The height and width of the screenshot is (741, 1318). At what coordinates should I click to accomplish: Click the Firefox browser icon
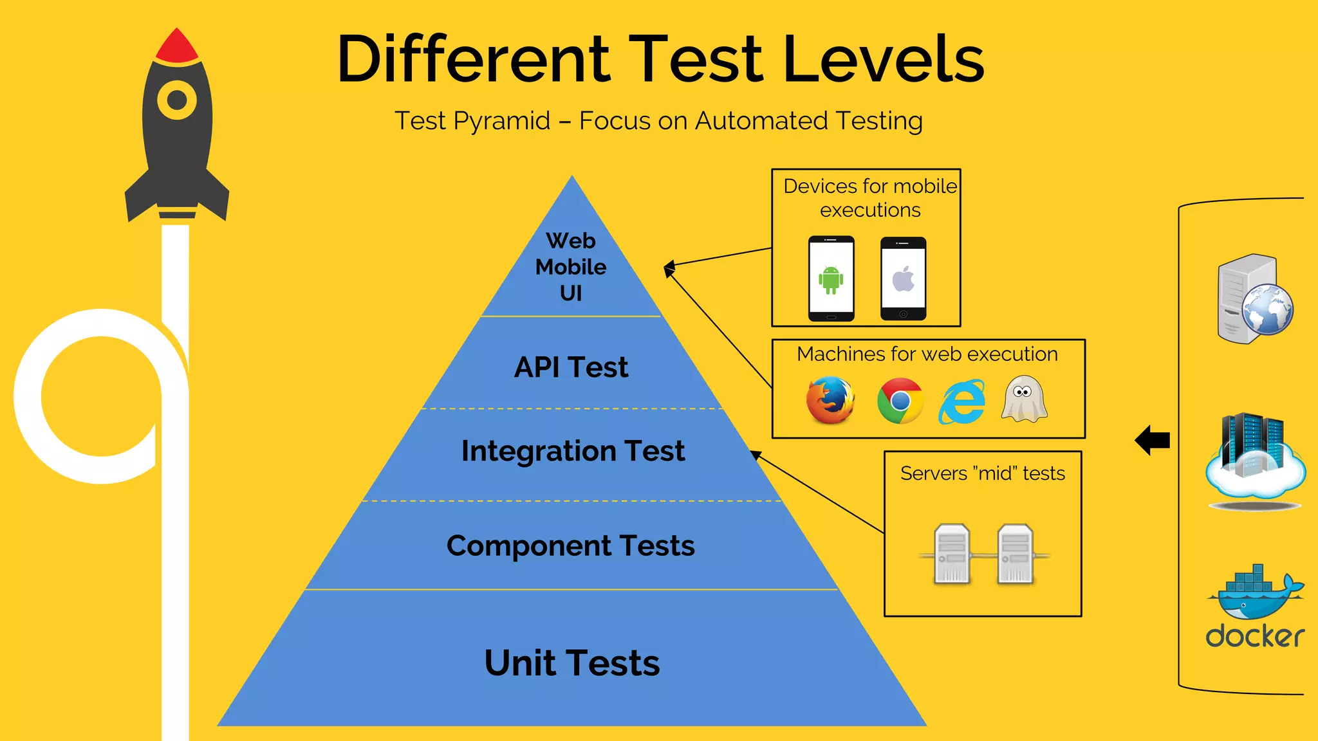[830, 400]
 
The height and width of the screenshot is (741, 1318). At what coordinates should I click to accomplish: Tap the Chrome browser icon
[900, 401]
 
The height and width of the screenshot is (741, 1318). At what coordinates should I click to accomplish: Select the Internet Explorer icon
[961, 402]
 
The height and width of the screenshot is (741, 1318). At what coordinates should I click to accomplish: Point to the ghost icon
[1024, 399]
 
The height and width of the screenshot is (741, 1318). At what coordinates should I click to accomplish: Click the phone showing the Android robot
[831, 279]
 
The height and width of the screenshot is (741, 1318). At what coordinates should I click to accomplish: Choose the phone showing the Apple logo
[903, 279]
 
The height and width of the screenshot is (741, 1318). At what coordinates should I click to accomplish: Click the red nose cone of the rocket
[177, 46]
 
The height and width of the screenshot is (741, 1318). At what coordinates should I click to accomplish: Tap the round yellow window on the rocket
[177, 100]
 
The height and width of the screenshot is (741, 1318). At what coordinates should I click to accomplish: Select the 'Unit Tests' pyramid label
[572, 663]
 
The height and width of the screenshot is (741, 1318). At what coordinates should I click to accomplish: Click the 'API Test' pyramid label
[571, 367]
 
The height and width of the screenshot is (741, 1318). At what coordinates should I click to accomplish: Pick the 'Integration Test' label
[573, 451]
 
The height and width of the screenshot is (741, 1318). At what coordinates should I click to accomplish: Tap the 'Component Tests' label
[571, 546]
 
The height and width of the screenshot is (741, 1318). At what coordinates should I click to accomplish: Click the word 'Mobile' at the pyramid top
[571, 267]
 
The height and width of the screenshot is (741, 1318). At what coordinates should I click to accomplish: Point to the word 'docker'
[1255, 636]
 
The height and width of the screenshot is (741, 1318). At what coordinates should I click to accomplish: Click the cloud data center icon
[1255, 460]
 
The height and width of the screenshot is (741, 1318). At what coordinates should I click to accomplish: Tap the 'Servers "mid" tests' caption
[982, 473]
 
